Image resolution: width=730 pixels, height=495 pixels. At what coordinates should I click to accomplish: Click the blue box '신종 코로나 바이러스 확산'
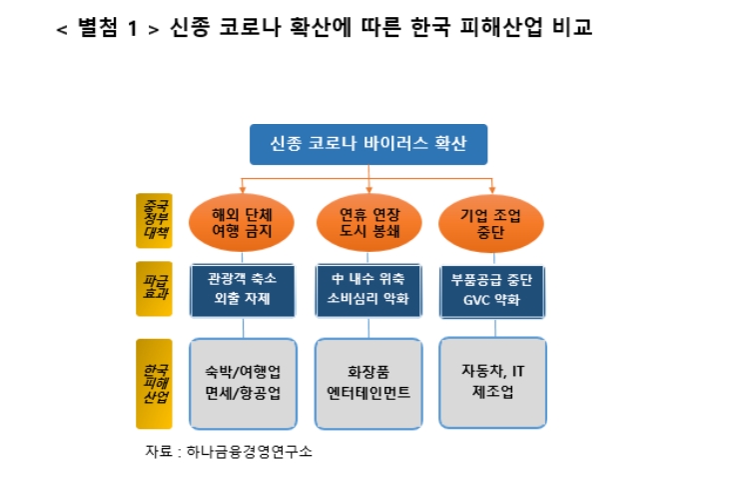coord(368,145)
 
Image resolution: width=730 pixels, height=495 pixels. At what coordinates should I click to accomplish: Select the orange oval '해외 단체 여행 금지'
coord(242,222)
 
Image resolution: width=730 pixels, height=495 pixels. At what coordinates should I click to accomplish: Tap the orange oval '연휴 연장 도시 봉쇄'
coord(368,222)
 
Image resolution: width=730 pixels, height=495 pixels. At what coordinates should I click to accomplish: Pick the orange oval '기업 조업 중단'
coord(491,222)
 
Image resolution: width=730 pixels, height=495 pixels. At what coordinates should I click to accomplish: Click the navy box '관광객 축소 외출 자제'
coord(242,290)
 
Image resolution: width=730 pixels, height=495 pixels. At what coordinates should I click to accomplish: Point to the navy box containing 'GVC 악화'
coord(492,290)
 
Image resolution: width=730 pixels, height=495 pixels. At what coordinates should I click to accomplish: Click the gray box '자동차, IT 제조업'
coord(493,381)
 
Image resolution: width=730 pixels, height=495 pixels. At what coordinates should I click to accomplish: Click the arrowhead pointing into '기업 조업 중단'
coord(491,191)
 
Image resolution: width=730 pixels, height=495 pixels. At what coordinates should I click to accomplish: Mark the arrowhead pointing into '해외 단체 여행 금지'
coord(242,191)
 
